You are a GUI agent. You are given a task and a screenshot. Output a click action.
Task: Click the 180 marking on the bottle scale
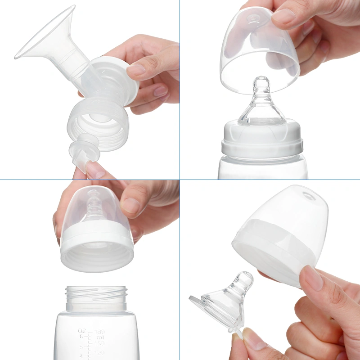tap(99, 332)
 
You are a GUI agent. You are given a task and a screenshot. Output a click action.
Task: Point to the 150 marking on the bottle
tap(99, 343)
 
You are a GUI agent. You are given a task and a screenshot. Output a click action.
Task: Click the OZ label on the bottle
tap(82, 333)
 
